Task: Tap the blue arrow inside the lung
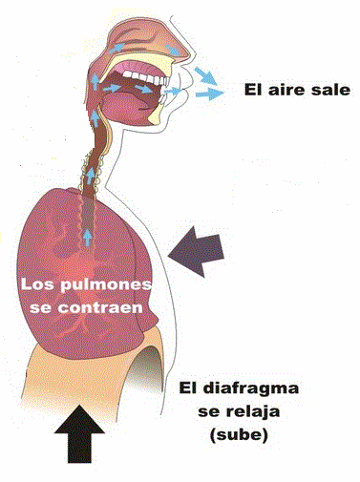tap(86, 236)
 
